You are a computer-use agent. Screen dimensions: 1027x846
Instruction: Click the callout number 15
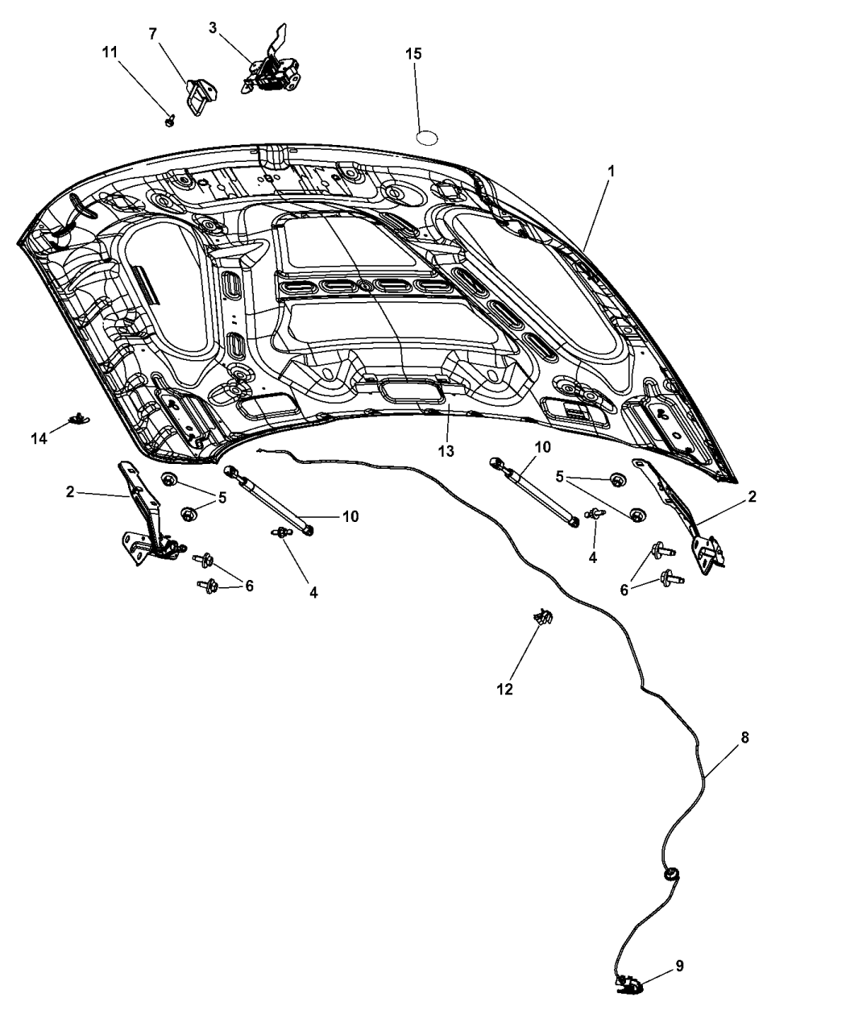[x=413, y=54]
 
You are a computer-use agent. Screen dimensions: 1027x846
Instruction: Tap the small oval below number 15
[x=427, y=135]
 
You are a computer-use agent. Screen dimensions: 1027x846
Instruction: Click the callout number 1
[x=612, y=172]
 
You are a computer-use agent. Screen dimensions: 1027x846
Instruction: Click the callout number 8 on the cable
[x=744, y=736]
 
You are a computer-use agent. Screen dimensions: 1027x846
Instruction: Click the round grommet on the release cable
[x=669, y=873]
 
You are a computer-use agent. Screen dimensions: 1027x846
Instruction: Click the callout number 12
[x=504, y=689]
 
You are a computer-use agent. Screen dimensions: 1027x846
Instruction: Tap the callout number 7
[x=152, y=34]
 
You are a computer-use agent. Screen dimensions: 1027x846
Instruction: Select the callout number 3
[x=212, y=27]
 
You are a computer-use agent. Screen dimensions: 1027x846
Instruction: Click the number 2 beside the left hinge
[x=70, y=491]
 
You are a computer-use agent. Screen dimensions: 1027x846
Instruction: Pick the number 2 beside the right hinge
[x=752, y=497]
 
